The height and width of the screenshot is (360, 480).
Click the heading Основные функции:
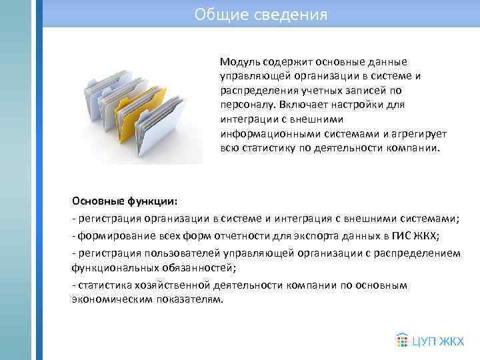tap(125, 201)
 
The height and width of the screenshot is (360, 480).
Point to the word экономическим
tap(108, 300)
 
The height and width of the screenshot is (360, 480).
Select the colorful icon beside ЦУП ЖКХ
tap(401, 340)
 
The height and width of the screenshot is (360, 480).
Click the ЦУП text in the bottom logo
tap(426, 341)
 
